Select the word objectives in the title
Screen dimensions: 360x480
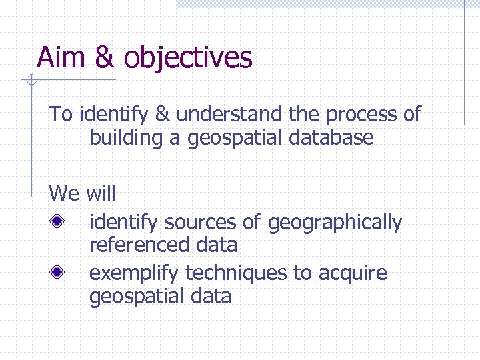click(188, 58)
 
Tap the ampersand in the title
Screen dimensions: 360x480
click(105, 57)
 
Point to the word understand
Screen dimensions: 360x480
click(229, 115)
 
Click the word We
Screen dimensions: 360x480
click(64, 194)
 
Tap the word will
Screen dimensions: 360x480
click(101, 194)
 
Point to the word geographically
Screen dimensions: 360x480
click(335, 223)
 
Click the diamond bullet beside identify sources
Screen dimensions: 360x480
click(59, 221)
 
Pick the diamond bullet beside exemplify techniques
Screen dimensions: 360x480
click(59, 271)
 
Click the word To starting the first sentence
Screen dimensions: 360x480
click(61, 115)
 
